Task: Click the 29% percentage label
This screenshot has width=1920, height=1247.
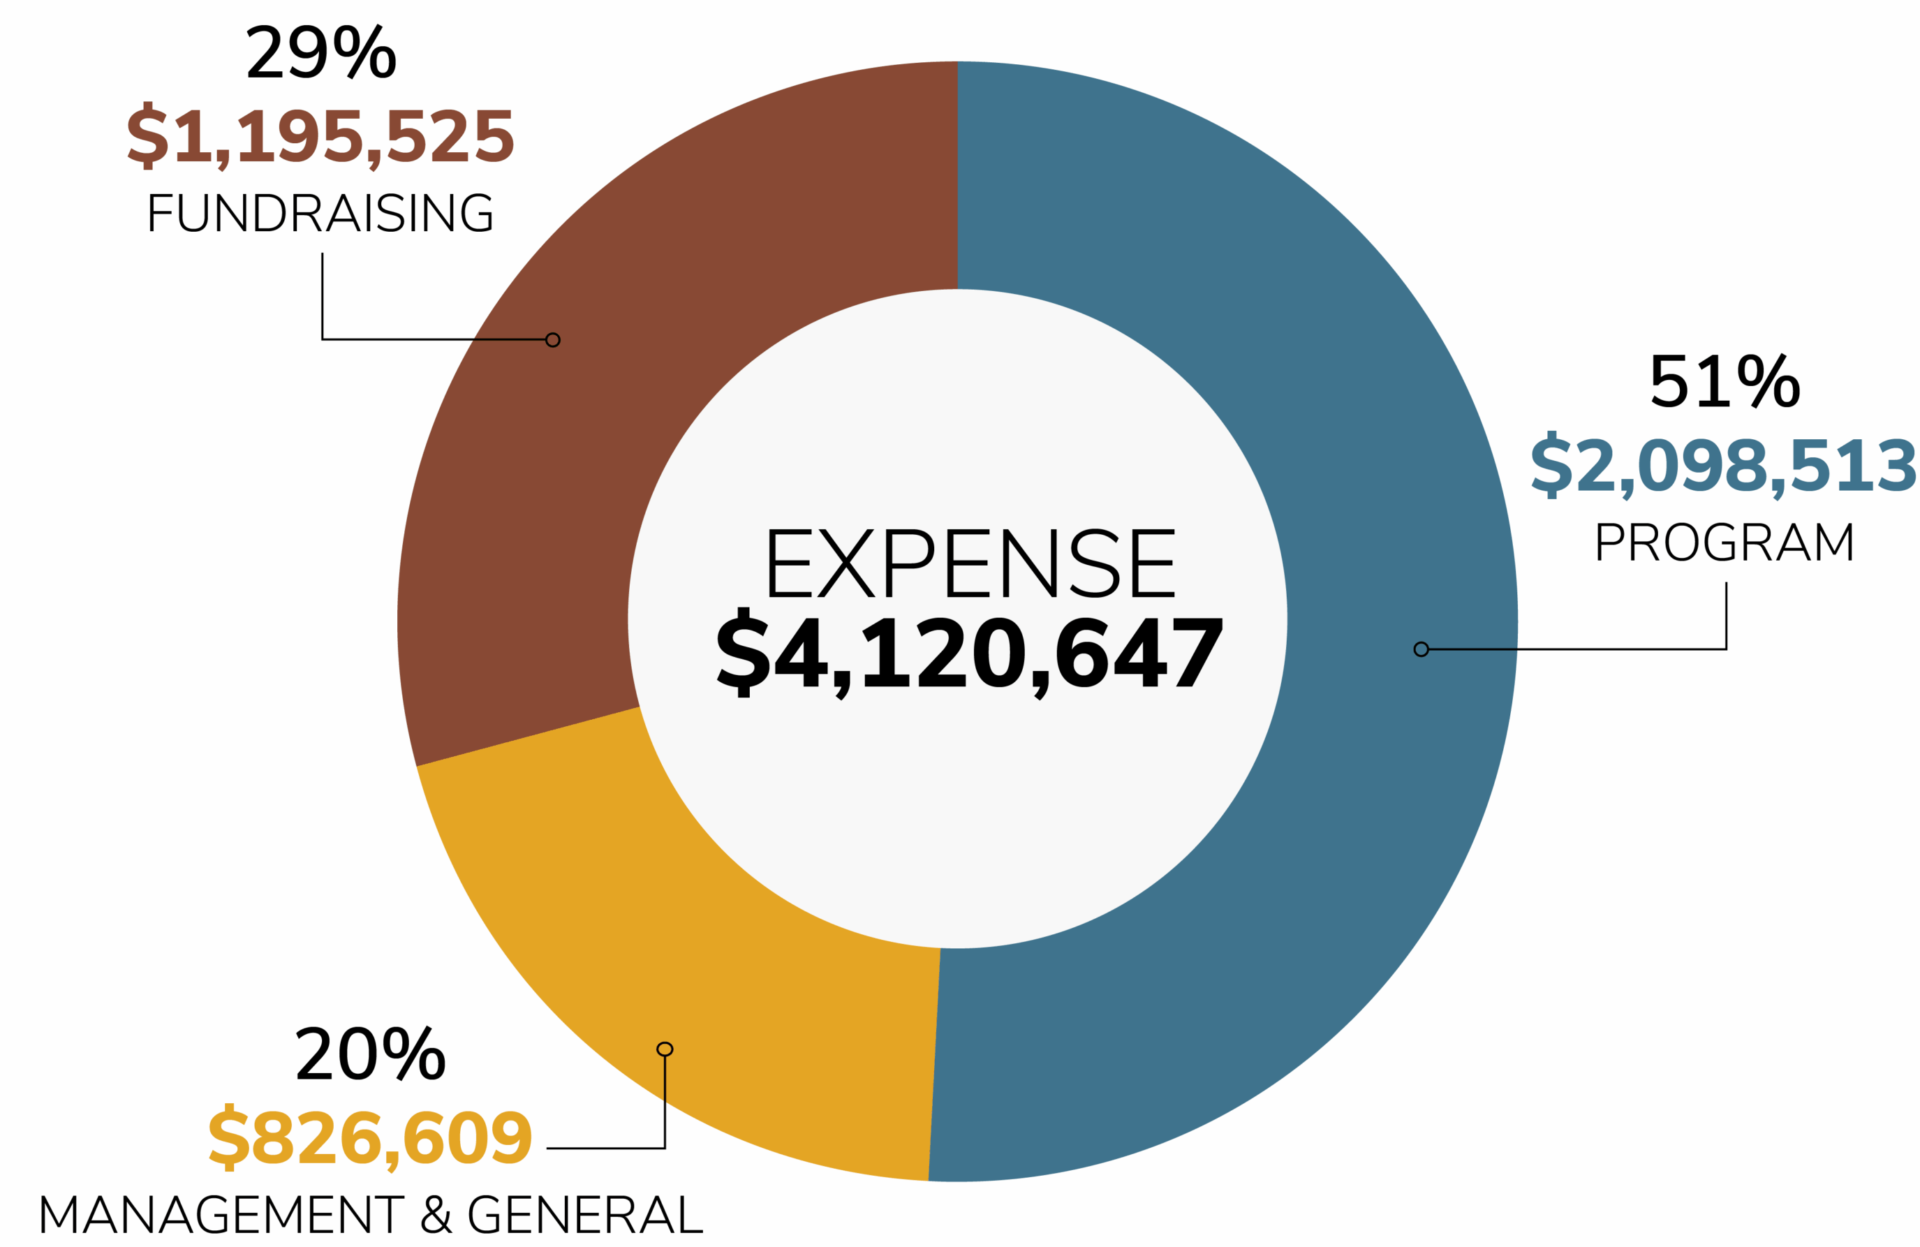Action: [x=321, y=53]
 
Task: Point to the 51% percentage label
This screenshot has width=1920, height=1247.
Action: [x=1725, y=381]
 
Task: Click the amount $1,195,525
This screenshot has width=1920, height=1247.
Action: [x=320, y=136]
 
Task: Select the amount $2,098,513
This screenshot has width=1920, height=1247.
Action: [x=1723, y=466]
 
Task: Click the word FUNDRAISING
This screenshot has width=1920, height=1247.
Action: [x=320, y=213]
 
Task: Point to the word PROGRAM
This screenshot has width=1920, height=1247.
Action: [x=1725, y=542]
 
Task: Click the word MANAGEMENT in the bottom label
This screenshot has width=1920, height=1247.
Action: [x=222, y=1215]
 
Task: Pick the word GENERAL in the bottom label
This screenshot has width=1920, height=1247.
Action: [x=585, y=1215]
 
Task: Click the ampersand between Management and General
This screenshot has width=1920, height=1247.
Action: [x=436, y=1215]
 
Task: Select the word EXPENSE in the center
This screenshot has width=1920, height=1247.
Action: [x=970, y=564]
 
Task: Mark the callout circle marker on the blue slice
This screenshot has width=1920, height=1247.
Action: [x=1421, y=649]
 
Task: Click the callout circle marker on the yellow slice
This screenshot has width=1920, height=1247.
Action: [x=665, y=1049]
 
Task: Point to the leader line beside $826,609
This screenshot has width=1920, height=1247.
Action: [x=605, y=1148]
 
